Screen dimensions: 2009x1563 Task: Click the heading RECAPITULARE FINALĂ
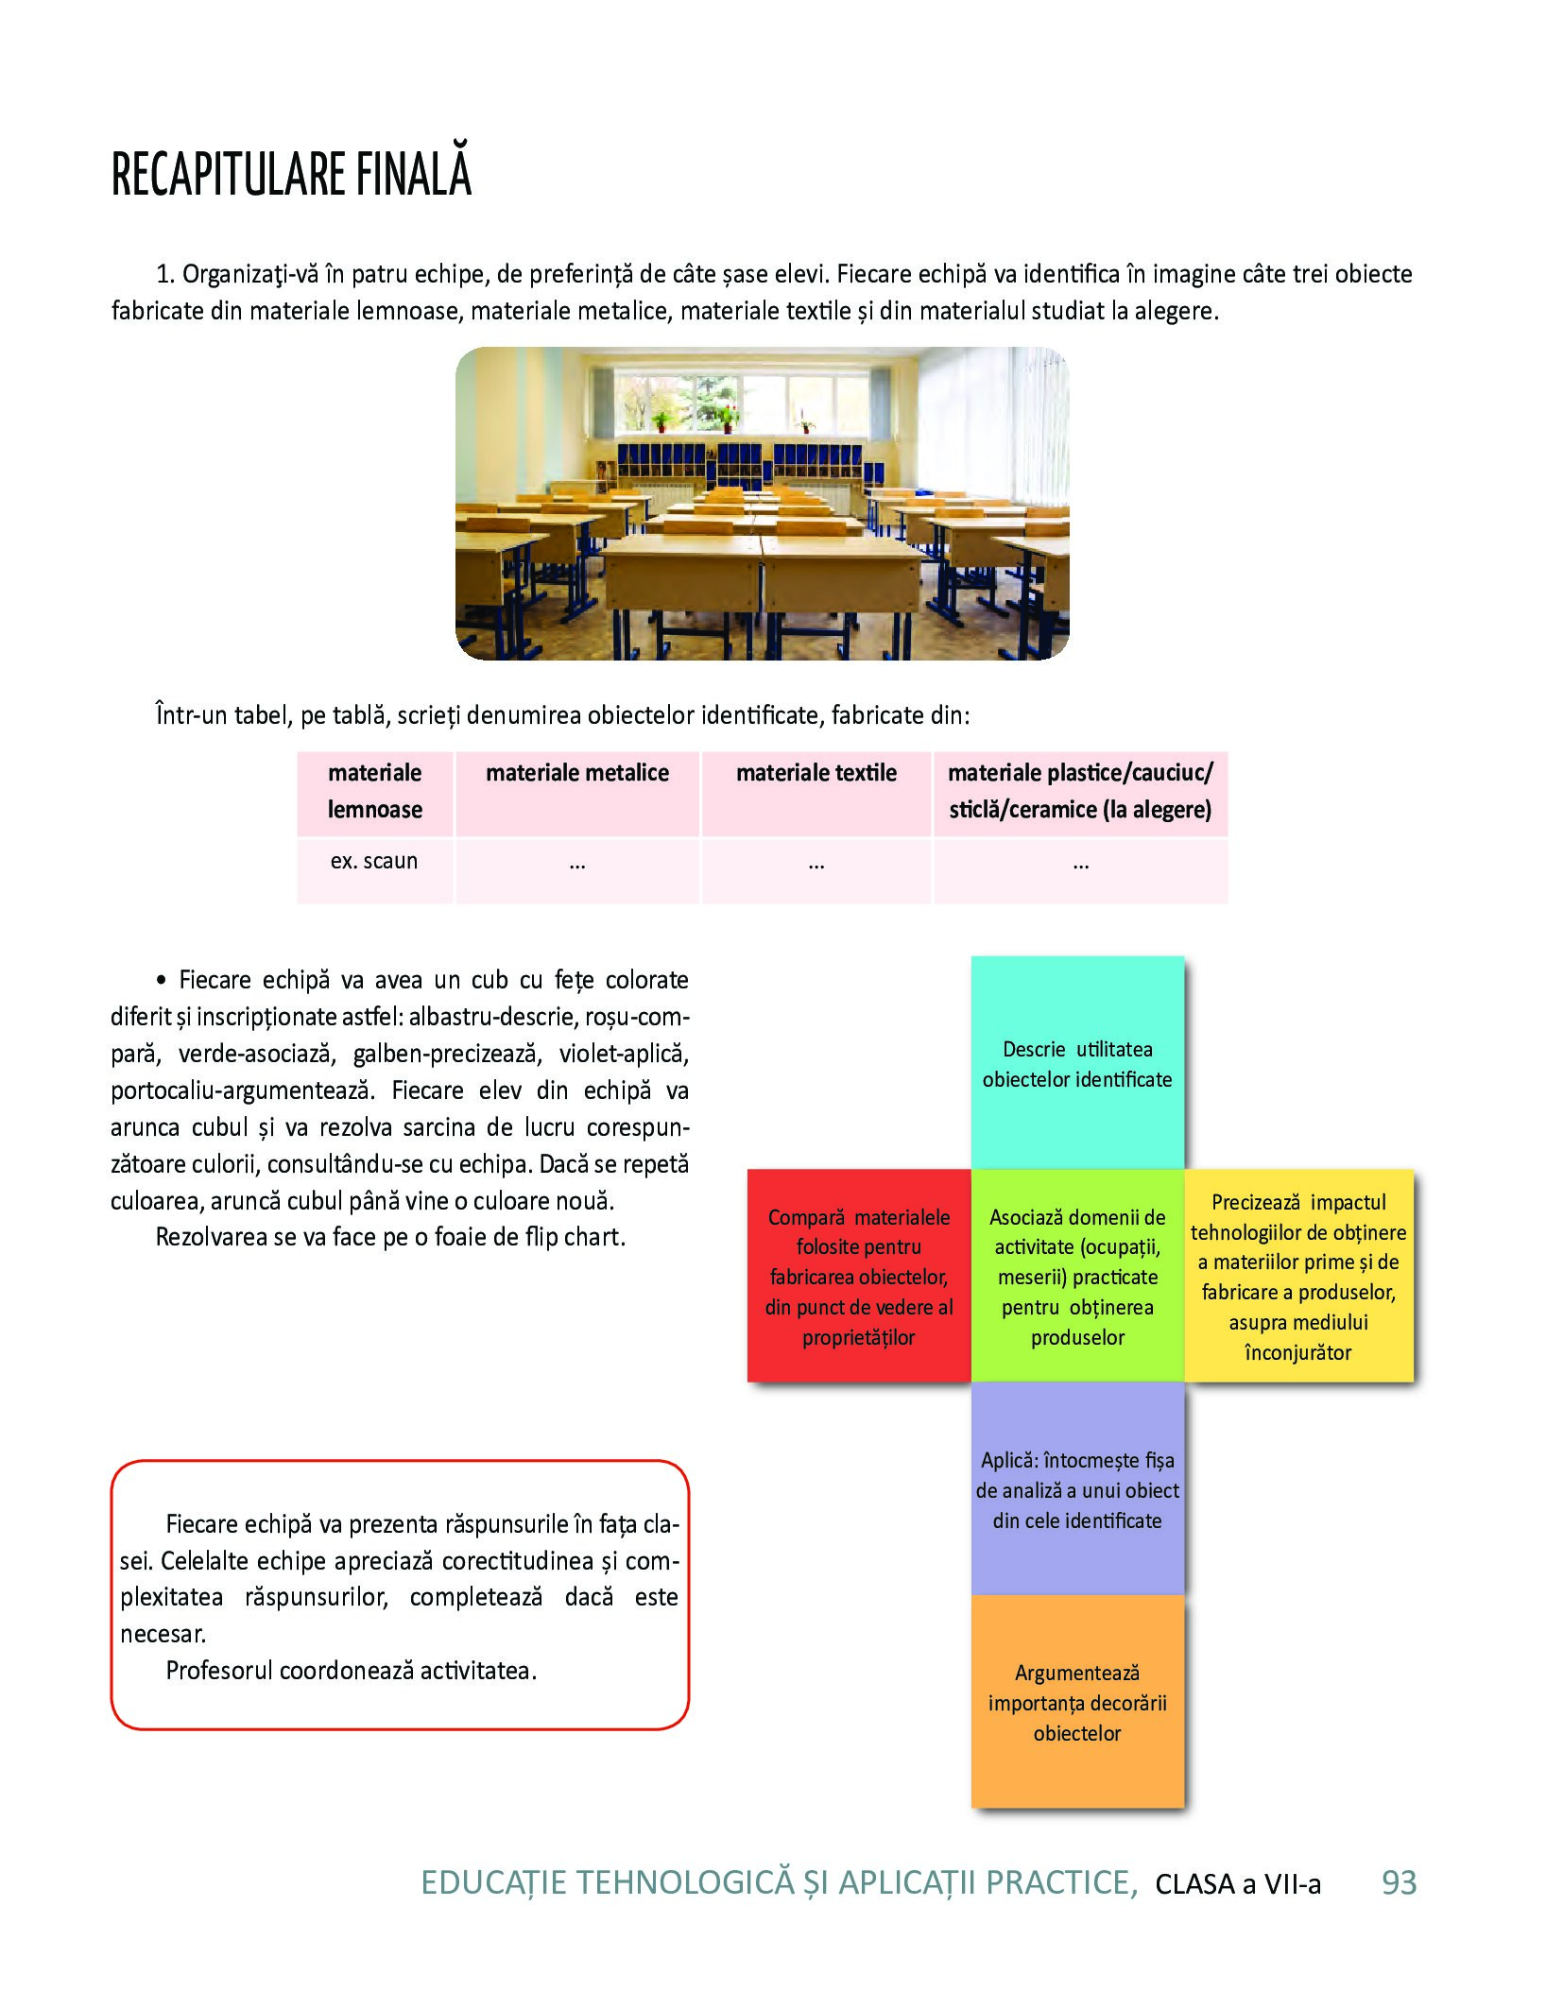coord(291,174)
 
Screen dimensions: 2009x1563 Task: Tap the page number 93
coord(1399,1883)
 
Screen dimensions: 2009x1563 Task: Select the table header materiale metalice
coord(576,773)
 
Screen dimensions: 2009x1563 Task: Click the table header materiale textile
coord(816,773)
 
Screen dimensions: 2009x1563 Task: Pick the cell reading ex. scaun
coord(373,862)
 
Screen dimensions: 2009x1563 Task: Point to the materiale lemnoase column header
coord(374,791)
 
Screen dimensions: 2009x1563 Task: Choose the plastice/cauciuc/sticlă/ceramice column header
coord(1079,791)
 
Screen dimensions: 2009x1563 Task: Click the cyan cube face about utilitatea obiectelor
coord(1076,1063)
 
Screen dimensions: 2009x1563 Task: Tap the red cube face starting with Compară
coord(858,1276)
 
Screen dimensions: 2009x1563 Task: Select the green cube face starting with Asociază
coord(1077,1276)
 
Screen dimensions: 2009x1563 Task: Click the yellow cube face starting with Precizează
coord(1298,1276)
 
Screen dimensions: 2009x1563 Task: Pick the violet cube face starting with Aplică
coord(1077,1489)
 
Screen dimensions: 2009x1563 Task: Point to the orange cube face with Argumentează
coord(1077,1702)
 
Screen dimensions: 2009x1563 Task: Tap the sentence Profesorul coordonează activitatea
coord(351,1671)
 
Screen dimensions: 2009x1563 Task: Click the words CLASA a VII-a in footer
coord(1237,1884)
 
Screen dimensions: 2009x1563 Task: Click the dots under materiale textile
coord(816,864)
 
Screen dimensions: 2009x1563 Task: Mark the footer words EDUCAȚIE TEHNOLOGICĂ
coord(607,1883)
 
